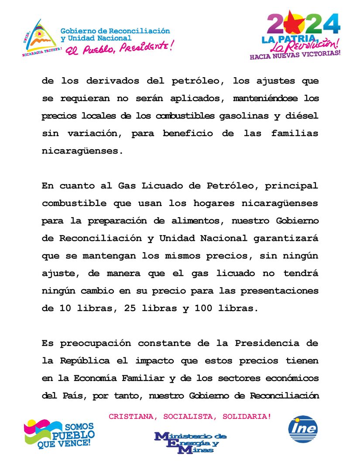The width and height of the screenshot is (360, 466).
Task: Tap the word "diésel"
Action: [x=302, y=116]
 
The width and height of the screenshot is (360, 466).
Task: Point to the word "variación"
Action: [x=93, y=134]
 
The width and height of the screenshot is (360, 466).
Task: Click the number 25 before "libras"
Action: [x=130, y=308]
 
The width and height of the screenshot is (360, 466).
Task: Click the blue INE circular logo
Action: [x=303, y=428]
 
